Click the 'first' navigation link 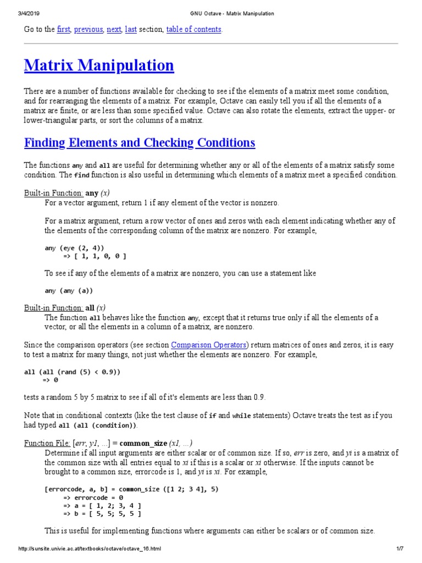pos(63,30)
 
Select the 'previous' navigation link pos(88,30)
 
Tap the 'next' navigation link pos(114,30)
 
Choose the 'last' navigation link pos(131,30)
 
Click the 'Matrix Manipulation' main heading pos(99,66)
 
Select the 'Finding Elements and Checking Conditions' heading pos(140,143)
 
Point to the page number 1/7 pos(399,549)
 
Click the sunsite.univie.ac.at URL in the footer pos(90,549)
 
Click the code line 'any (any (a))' pos(69,290)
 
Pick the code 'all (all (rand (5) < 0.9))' pos(72,372)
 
